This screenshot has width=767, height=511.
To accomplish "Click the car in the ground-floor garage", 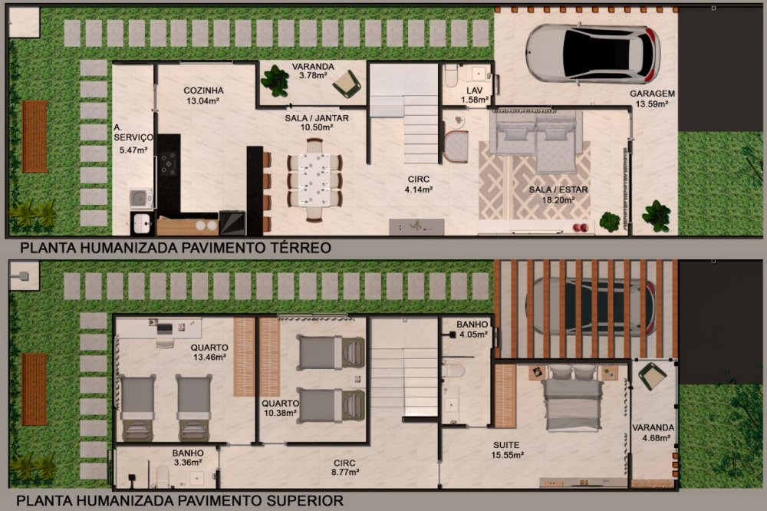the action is point(593,54).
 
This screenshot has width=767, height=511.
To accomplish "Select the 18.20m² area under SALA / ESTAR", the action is point(558,200).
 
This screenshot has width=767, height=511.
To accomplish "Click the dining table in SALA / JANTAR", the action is point(314,179).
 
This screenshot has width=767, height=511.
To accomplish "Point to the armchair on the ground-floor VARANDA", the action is point(347,83).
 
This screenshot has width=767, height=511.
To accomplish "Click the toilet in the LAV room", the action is point(451,75).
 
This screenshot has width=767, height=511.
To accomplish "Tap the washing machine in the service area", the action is point(141,199).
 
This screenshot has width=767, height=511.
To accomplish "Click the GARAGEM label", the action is point(652,94).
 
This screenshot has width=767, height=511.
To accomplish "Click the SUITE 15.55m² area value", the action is point(508,455).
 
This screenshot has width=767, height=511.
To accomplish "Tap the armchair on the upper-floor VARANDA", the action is point(651,375).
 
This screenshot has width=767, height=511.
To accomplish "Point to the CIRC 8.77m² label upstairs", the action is point(345,467).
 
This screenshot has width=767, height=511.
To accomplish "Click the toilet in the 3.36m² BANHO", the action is point(163,476).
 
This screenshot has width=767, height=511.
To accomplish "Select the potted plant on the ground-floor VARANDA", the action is point(275,81).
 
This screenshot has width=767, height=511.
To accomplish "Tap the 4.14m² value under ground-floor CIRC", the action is point(418,190).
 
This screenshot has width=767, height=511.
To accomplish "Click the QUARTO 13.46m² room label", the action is point(209,352).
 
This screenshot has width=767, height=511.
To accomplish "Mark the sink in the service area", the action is point(142,223).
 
